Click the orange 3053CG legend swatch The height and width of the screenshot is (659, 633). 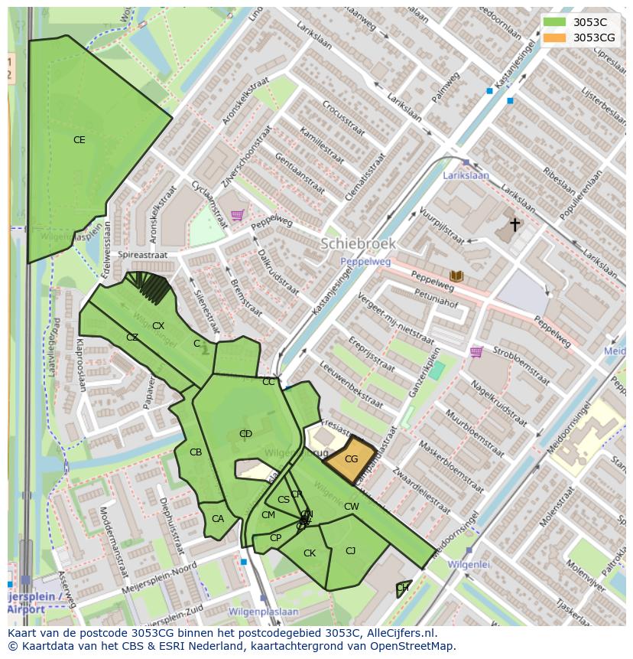click(555, 38)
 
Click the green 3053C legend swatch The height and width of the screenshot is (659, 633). click(555, 22)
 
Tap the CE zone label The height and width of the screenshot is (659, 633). click(80, 140)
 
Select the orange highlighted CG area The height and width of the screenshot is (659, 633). click(351, 459)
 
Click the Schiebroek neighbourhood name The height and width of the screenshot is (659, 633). click(358, 244)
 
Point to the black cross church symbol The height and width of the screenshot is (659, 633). click(515, 224)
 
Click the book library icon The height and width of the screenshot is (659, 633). click(457, 276)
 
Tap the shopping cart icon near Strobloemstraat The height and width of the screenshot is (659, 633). click(476, 352)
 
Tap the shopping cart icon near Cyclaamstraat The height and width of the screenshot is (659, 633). click(237, 215)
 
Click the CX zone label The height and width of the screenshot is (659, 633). click(158, 326)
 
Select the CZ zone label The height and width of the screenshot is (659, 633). click(132, 338)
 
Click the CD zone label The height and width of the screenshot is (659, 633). click(245, 434)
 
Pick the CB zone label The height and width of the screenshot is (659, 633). click(196, 452)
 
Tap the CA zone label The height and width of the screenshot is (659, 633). click(218, 519)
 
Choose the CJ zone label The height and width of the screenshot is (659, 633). click(351, 551)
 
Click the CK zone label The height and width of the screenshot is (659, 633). click(310, 553)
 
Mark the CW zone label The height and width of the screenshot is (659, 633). click(352, 507)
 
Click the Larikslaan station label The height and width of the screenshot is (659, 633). click(466, 175)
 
